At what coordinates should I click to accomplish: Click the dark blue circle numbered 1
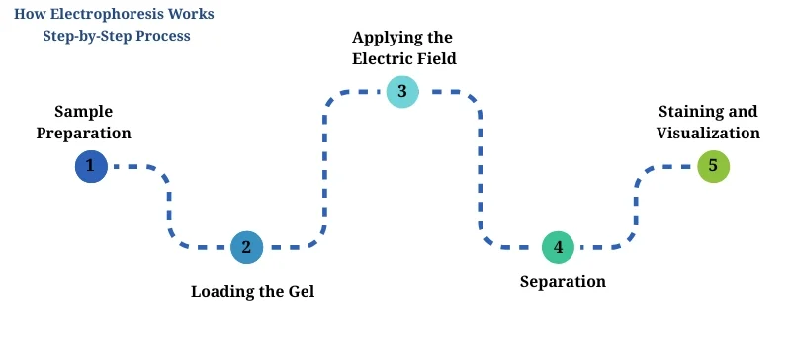[91, 166]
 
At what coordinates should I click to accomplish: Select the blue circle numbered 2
[246, 247]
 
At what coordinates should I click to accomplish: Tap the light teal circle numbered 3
[402, 92]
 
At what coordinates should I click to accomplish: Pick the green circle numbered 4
[558, 247]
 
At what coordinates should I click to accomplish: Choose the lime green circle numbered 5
[713, 166]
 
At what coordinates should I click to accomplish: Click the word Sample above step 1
[83, 111]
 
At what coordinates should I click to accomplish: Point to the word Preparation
[83, 133]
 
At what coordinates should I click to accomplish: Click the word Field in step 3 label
[436, 58]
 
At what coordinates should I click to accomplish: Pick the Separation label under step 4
[563, 281]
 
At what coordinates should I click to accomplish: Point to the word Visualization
[709, 133]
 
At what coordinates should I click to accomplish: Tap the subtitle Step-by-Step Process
[117, 36]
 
